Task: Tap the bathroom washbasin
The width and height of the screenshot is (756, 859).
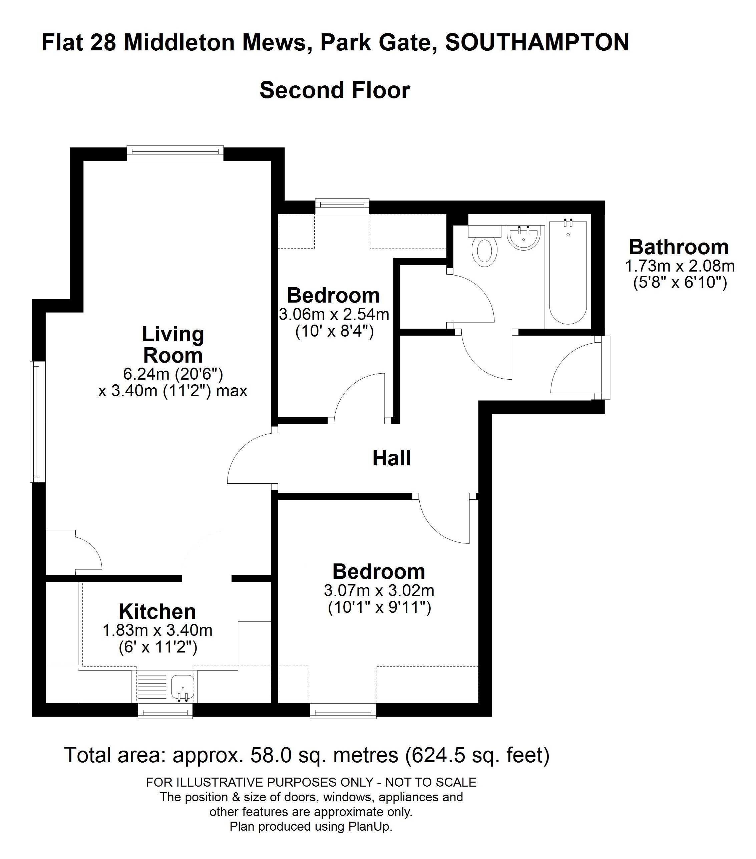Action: tap(523, 238)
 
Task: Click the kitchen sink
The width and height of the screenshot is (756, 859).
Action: tap(183, 688)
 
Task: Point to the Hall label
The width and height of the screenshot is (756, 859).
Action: tap(391, 458)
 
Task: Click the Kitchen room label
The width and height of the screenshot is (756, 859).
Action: tap(157, 611)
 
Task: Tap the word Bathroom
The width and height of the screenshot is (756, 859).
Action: tap(679, 247)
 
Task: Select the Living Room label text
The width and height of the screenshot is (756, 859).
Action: tap(173, 345)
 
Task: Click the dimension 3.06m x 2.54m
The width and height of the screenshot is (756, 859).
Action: tap(334, 314)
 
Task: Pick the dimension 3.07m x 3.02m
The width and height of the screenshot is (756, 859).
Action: tap(379, 590)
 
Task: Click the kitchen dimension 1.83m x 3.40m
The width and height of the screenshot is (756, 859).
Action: tap(157, 630)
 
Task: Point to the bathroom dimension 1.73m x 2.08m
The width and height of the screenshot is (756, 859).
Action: tap(680, 266)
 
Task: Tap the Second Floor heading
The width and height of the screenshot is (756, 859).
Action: tap(335, 90)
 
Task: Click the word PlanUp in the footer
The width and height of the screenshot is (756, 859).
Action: tap(369, 827)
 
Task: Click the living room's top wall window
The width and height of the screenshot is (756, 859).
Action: tap(175, 153)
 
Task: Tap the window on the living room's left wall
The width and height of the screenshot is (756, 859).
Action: tap(38, 422)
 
